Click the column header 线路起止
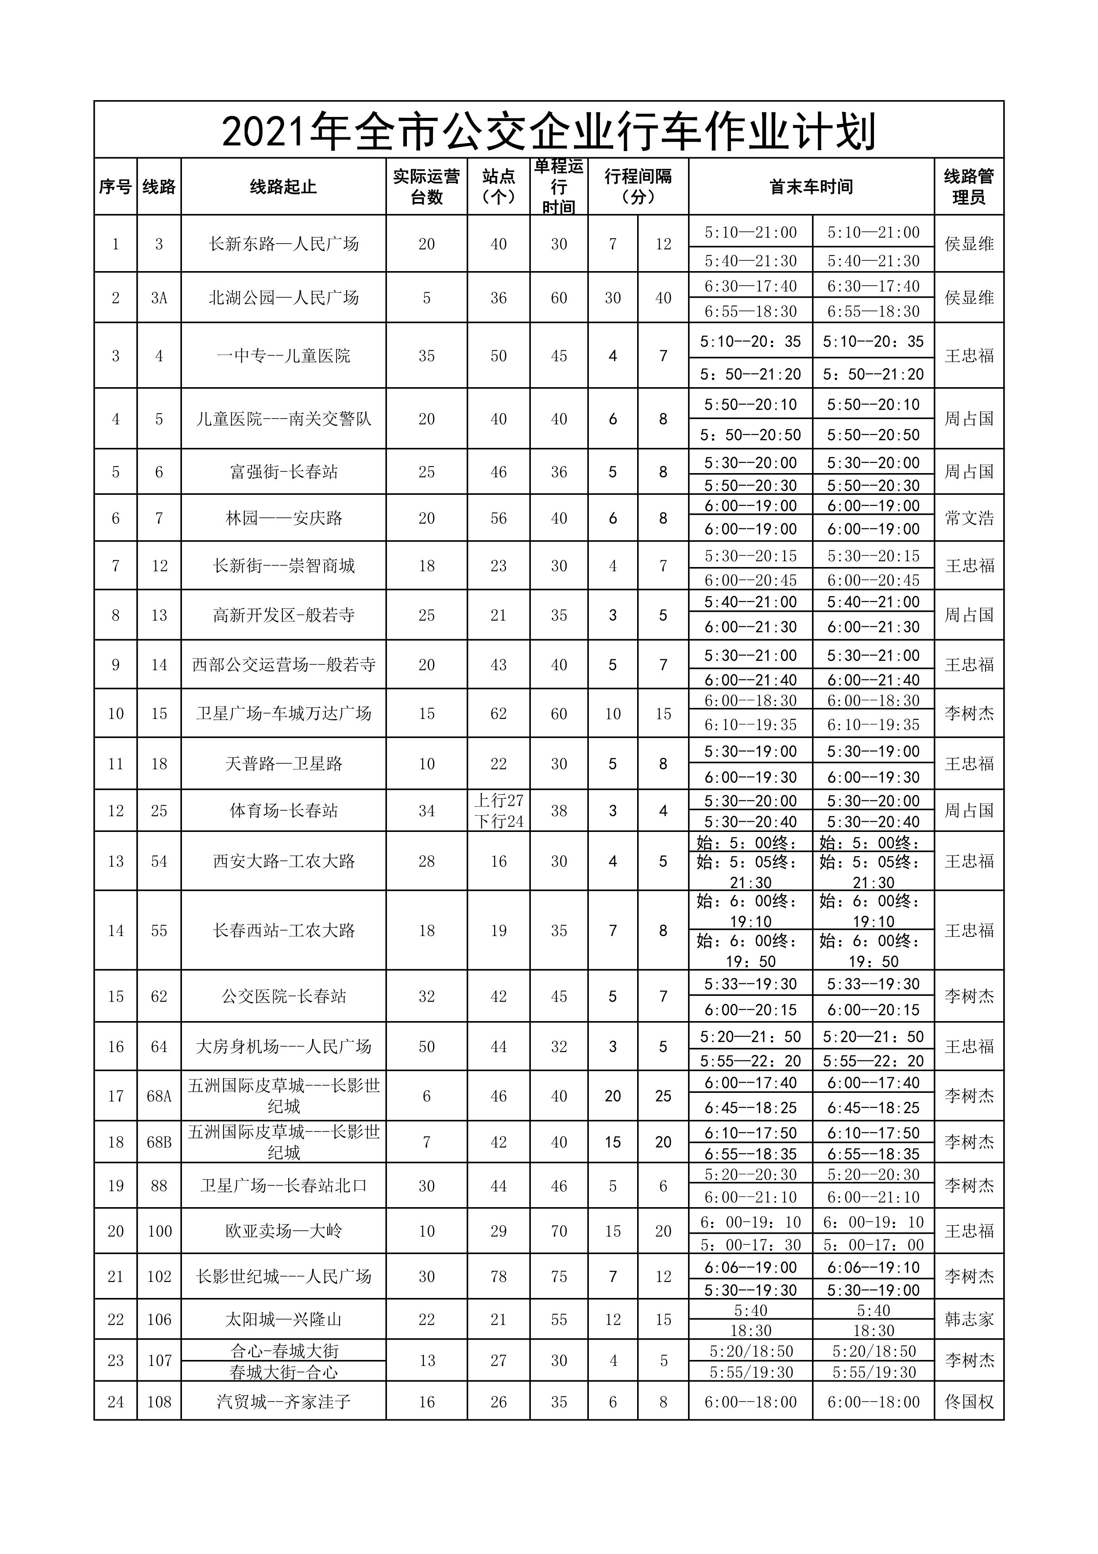[283, 187]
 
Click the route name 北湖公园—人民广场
[283, 298]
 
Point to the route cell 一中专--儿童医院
[283, 356]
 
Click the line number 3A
[159, 298]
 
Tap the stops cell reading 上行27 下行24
[499, 811]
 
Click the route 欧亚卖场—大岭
[283, 1231]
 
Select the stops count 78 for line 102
[499, 1277]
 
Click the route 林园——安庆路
[283, 518]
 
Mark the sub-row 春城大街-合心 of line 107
[283, 1373]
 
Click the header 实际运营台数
[426, 187]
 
